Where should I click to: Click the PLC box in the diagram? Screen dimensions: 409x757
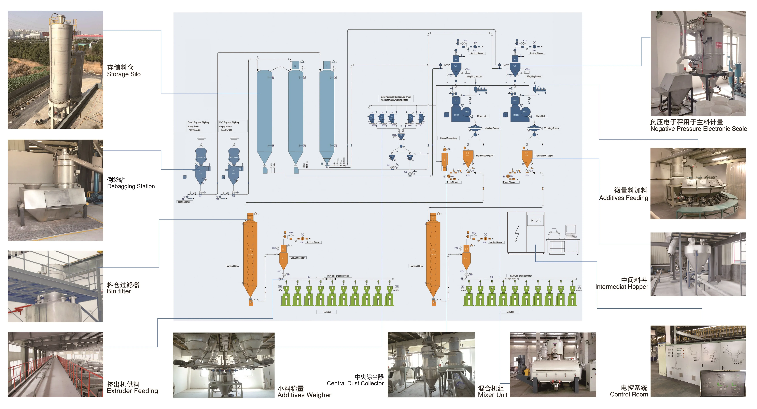535,221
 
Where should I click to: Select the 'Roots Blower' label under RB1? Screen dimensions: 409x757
184,202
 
